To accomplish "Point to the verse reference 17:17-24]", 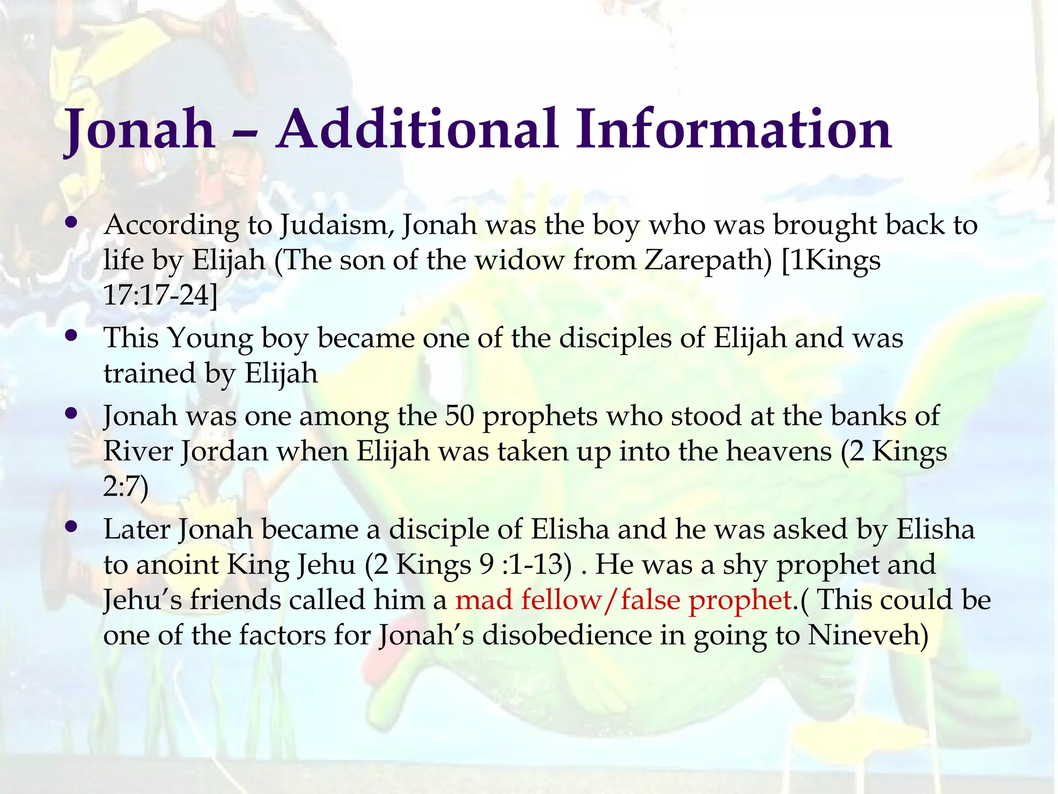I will click(x=160, y=295).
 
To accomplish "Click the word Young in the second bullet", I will click(x=210, y=339).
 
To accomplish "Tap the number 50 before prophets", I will click(x=459, y=416).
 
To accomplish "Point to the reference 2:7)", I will click(x=126, y=487).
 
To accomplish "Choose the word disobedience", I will click(x=567, y=635).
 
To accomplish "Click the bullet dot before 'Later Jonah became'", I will click(x=72, y=527).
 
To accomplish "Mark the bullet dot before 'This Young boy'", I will click(x=72, y=336).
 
